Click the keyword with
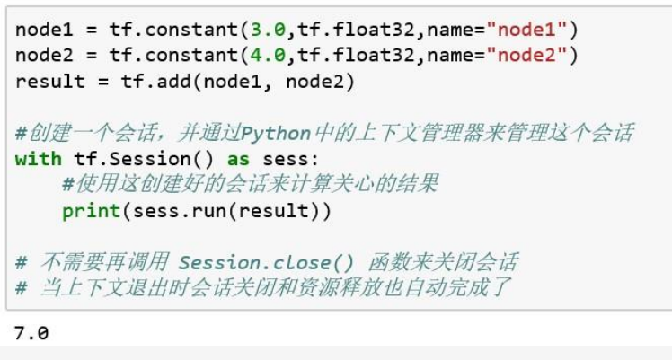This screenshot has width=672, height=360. (x=39, y=160)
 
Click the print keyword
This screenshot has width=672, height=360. (x=92, y=212)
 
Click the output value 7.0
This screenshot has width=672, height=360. (x=31, y=333)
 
